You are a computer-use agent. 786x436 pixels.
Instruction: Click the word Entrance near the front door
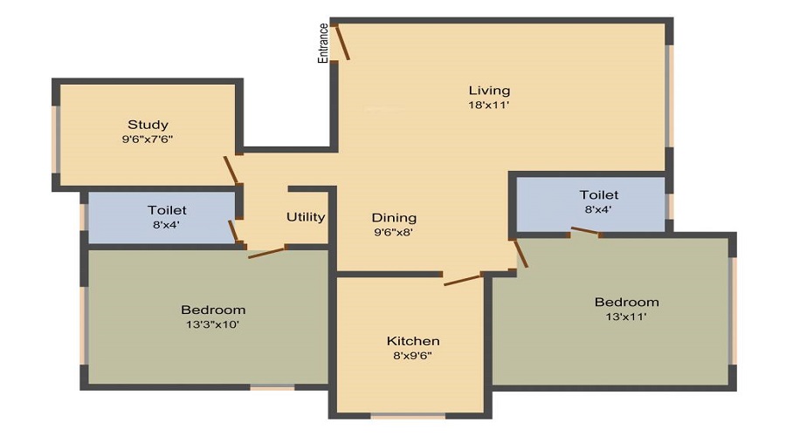323,43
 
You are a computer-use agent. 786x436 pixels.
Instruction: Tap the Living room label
489,90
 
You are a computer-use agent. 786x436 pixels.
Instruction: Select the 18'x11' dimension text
489,105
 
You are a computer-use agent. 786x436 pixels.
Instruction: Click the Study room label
148,124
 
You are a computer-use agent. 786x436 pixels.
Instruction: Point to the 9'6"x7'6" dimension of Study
148,139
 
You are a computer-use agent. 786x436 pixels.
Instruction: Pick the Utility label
306,217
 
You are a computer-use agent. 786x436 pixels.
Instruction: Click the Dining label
394,217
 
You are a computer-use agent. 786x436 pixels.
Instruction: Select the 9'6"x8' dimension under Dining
394,232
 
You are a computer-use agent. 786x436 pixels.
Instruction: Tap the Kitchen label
413,340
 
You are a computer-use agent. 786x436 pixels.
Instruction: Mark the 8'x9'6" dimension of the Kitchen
413,355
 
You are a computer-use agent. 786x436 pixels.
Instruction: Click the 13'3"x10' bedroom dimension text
213,324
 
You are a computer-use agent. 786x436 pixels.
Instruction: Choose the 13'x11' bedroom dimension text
626,317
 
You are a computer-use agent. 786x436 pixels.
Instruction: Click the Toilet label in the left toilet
167,210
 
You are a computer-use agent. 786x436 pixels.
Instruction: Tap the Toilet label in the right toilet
599,194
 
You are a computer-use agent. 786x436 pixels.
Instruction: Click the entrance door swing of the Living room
343,43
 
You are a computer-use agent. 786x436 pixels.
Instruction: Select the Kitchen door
462,280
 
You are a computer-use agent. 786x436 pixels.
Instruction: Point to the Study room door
231,170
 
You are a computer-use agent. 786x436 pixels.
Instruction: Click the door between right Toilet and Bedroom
586,232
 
